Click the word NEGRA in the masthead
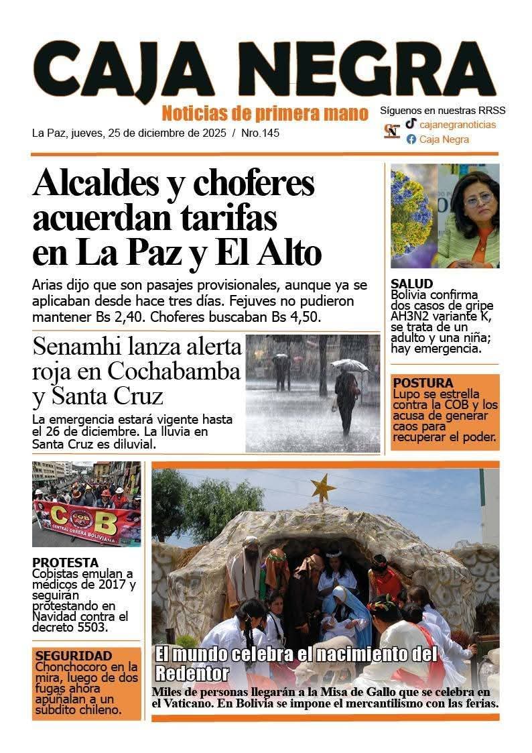click(375, 70)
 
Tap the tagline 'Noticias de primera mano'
click(265, 112)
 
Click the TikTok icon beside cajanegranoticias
click(411, 124)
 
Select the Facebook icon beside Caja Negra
click(411, 139)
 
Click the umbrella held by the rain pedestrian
click(349, 365)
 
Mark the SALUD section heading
click(412, 284)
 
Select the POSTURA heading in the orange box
click(423, 384)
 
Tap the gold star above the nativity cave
click(323, 487)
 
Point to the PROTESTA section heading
click(65, 563)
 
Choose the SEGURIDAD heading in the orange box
click(74, 656)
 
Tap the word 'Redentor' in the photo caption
click(192, 673)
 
